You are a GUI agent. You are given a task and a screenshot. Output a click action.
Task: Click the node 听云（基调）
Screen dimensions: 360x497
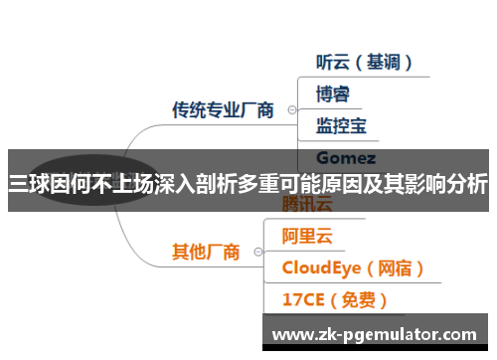[364, 62]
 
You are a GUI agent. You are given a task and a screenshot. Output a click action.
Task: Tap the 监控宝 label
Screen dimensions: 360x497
[341, 126]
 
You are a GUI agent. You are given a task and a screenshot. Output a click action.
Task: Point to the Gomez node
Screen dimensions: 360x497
[345, 157]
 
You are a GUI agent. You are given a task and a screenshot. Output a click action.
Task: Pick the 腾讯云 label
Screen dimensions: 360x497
[308, 207]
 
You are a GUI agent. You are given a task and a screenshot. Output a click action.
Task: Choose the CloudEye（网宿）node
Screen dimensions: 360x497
[354, 268]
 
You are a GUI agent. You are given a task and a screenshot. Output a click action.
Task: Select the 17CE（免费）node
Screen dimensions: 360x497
[334, 298]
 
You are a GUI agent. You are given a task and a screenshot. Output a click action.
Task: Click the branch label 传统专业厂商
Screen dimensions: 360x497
[224, 109]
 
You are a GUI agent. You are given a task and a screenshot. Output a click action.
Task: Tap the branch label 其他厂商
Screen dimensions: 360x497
[206, 252]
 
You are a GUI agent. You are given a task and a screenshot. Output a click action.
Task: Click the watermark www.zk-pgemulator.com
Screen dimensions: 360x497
[374, 334]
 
